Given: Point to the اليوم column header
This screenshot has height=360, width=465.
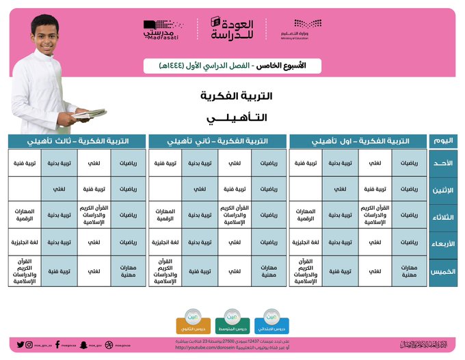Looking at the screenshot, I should pyautogui.click(x=443, y=141).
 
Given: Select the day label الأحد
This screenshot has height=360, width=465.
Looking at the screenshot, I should pyautogui.click(x=443, y=163).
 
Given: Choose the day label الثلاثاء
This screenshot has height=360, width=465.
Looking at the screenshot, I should pyautogui.click(x=443, y=216).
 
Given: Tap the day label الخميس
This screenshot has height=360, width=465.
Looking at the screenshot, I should pyautogui.click(x=443, y=271).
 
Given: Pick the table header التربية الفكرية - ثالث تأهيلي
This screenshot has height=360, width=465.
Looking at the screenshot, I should pyautogui.click(x=77, y=141).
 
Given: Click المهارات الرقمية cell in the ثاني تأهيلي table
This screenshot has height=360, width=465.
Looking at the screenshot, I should pyautogui.click(x=166, y=215).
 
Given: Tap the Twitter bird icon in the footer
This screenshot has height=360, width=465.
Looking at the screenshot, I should pyautogui.click(x=21, y=345).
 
